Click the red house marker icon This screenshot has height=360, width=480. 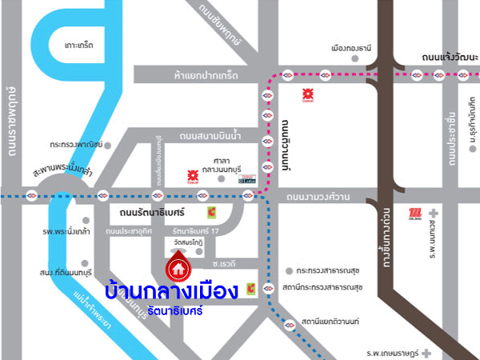[x=176, y=267]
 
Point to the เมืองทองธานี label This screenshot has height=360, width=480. [x=347, y=48]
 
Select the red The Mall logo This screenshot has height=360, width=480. [x=414, y=213]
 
